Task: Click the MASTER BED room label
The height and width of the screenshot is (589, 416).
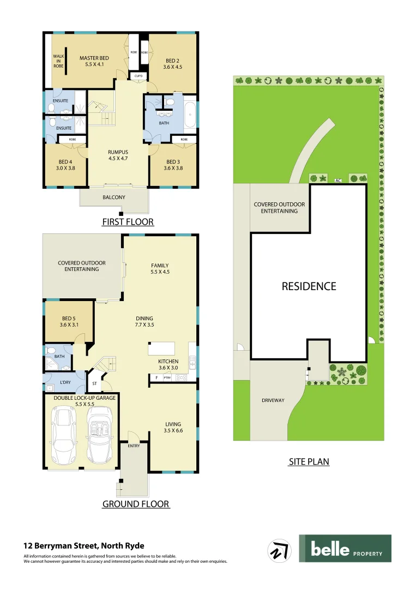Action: pos(94,58)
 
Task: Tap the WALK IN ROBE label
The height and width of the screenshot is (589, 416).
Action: pos(58,61)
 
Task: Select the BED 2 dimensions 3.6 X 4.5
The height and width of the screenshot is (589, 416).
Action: pos(172,67)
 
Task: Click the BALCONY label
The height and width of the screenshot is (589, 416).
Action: pos(113,197)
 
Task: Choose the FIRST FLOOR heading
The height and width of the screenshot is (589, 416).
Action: pos(128,222)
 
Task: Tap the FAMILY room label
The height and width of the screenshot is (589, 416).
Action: pos(160,266)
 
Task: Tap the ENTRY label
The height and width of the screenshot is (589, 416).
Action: pos(134,446)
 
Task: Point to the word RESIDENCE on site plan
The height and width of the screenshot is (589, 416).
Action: pos(309,286)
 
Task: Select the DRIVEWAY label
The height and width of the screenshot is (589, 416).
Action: pos(273,400)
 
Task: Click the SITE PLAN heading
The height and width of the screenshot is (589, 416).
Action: pos(309,461)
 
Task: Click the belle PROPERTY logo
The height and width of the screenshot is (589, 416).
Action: pos(345,549)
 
